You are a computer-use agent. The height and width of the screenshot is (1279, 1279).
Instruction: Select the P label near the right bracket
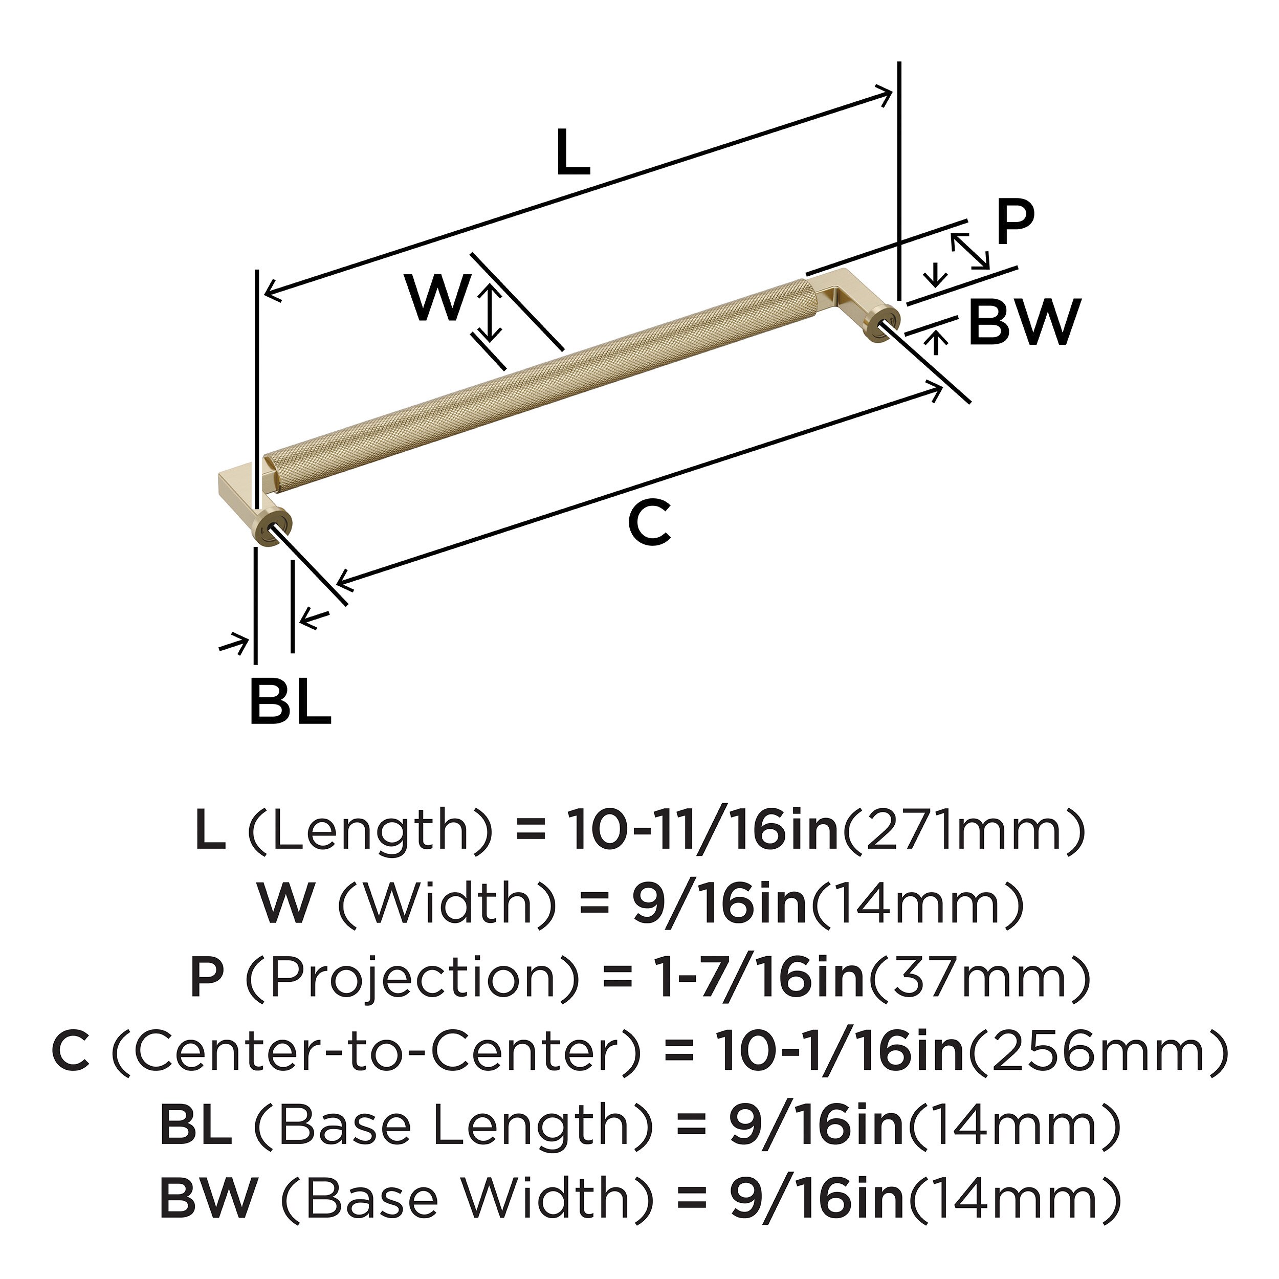[1014, 223]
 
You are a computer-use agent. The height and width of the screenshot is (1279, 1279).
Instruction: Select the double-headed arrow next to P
[970, 250]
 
